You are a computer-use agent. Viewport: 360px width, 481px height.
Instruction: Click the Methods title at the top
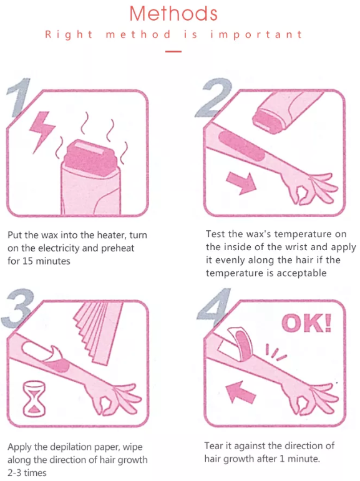click(x=173, y=13)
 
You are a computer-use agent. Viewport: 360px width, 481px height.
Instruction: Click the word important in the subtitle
click(x=256, y=34)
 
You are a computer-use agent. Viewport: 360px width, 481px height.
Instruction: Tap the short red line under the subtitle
click(x=173, y=51)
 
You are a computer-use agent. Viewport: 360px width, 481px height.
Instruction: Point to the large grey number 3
click(x=19, y=306)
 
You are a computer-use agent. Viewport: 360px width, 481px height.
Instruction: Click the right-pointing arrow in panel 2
click(x=241, y=182)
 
